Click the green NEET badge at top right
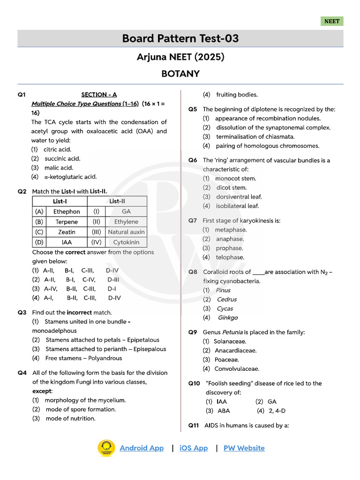click(332, 21)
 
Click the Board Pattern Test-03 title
click(180, 38)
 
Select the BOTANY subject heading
click(180, 74)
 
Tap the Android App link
click(142, 448)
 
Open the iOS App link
click(194, 448)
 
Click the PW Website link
click(244, 448)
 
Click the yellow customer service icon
click(106, 448)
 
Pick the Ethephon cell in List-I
click(67, 211)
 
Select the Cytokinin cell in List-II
click(126, 242)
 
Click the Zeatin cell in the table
click(67, 232)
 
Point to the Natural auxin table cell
click(126, 232)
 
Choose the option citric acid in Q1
click(57, 150)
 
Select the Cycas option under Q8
click(225, 308)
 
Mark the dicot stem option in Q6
click(231, 187)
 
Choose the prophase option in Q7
click(229, 248)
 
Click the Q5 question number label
click(193, 109)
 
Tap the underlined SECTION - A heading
click(99, 94)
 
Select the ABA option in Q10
click(224, 411)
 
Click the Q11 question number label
click(194, 426)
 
